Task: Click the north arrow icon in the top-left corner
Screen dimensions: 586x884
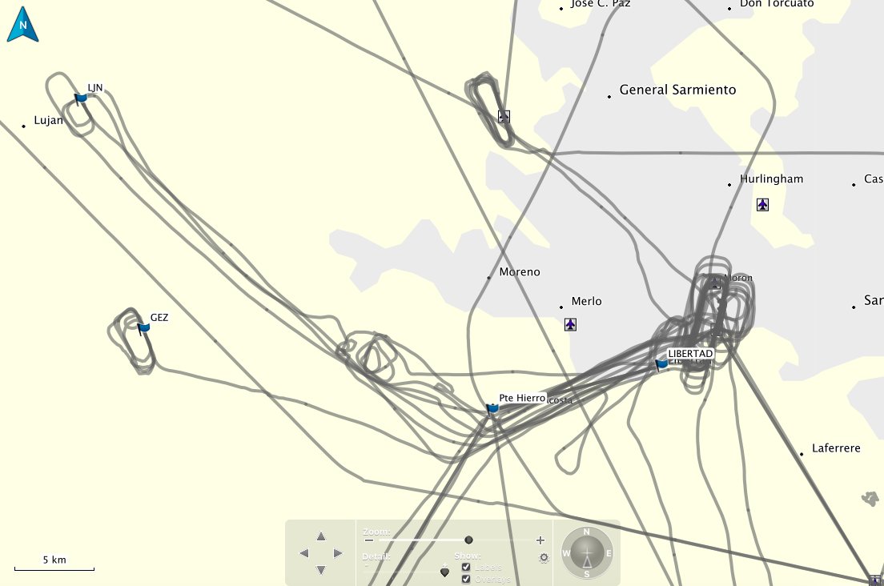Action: point(23,25)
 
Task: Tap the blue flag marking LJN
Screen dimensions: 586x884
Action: point(80,98)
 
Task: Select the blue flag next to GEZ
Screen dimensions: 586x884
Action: point(143,328)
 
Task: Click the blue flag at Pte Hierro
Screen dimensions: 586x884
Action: point(492,408)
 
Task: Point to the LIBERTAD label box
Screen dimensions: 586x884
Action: point(690,353)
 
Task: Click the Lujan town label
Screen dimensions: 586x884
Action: point(47,122)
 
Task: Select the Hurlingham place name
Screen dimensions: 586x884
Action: point(771,179)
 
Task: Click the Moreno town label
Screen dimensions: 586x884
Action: point(519,272)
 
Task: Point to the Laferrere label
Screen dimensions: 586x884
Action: point(836,448)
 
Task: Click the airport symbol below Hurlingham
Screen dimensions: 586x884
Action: point(762,205)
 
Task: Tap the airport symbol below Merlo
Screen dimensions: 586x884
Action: point(570,324)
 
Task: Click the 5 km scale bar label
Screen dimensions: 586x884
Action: point(54,560)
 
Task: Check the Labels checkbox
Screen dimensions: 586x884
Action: point(467,568)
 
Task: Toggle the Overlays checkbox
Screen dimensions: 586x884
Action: point(467,579)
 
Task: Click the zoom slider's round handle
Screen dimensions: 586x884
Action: point(468,540)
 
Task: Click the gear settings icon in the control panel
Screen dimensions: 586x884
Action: point(544,557)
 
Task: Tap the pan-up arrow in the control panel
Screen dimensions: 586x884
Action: point(321,536)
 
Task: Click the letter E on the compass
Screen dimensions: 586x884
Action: point(609,553)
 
